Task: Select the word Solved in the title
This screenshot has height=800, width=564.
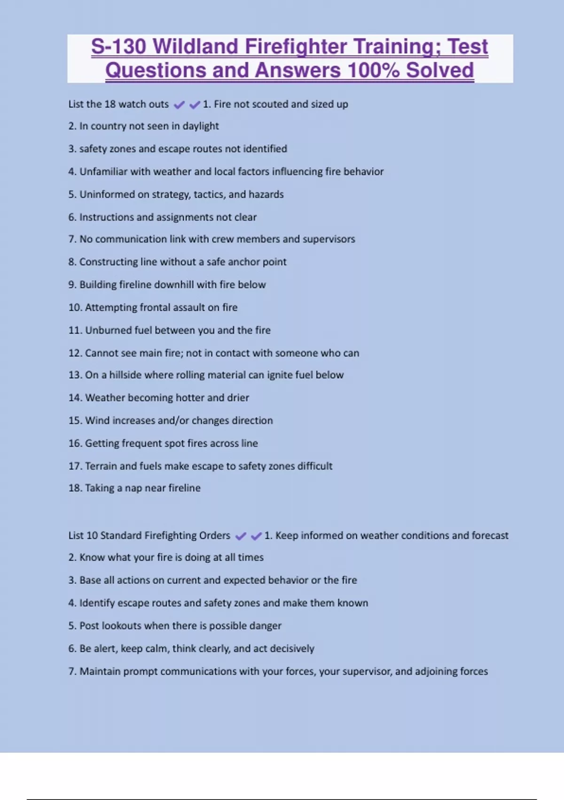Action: click(x=440, y=71)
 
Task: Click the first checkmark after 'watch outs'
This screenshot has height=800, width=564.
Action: click(x=179, y=105)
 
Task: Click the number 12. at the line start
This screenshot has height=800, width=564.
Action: click(x=75, y=353)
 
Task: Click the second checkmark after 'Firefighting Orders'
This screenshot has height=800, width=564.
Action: click(x=256, y=536)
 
